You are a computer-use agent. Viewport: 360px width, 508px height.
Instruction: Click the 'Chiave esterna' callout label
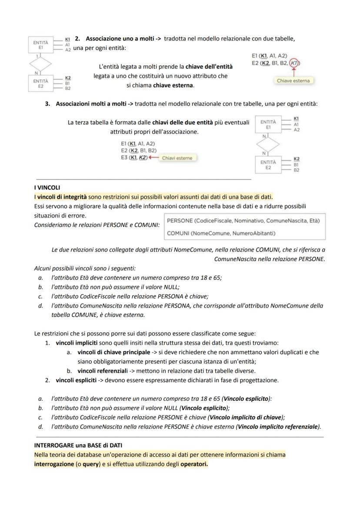point(293,81)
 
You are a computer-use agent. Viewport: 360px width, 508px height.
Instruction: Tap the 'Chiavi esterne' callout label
point(177,158)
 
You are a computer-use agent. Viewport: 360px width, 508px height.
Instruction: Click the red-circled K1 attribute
point(294,63)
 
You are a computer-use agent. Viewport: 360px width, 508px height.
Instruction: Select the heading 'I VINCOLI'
point(47,188)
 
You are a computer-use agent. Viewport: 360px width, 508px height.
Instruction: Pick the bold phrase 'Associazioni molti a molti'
point(94,104)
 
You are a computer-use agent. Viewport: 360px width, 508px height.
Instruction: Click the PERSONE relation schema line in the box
point(243,221)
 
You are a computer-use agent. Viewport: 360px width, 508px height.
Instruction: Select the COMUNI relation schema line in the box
point(221,233)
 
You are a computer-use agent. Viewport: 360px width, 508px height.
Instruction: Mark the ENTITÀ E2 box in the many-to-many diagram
point(268,165)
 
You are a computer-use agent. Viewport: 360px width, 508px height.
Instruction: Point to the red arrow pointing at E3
point(153,158)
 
